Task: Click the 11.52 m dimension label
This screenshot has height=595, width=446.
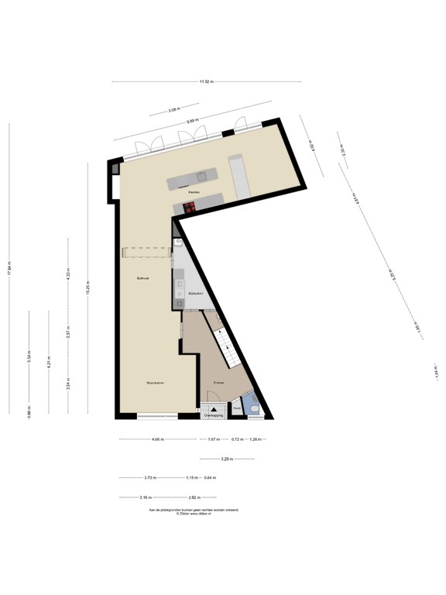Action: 206,81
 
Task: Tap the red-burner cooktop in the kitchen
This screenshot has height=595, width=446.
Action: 189,207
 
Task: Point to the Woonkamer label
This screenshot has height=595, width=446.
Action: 155,383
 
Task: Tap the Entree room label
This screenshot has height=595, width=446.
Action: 220,382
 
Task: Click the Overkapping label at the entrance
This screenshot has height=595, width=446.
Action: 213,416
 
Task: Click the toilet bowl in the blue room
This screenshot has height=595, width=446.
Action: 255,406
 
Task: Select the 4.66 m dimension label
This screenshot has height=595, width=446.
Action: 157,440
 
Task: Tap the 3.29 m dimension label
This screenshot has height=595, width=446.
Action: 225,459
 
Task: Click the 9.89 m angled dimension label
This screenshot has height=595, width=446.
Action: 193,120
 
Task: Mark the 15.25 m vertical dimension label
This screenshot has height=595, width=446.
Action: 87,287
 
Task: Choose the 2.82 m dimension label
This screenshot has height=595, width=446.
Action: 194,497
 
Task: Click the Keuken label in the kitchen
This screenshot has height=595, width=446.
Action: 194,191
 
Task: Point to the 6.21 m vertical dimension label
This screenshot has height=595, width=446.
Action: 48,362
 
